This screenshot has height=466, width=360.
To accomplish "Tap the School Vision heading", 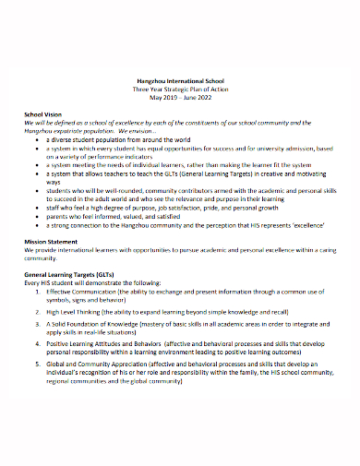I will click(x=44, y=114).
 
